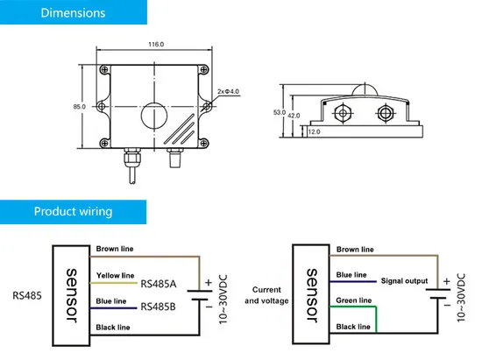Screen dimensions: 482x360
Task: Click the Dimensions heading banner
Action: click(74, 12)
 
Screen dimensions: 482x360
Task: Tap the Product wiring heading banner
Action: click(73, 212)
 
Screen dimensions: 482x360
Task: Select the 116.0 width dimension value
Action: click(156, 44)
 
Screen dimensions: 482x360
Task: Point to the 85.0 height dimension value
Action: click(79, 107)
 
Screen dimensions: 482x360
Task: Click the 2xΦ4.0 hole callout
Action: click(228, 92)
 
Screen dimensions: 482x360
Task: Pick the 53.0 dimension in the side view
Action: click(280, 112)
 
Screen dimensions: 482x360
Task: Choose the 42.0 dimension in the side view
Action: click(294, 116)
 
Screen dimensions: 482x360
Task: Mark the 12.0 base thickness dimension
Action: click(314, 131)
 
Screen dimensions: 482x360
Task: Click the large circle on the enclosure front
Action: click(141, 116)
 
